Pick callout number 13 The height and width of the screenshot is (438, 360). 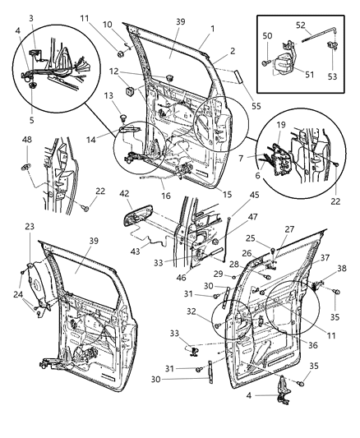pyautogui.click(x=108, y=97)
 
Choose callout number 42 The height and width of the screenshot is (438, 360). pyautogui.click(x=124, y=195)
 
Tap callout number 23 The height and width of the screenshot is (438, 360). pyautogui.click(x=30, y=247)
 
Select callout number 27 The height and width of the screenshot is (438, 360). pyautogui.click(x=289, y=230)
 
